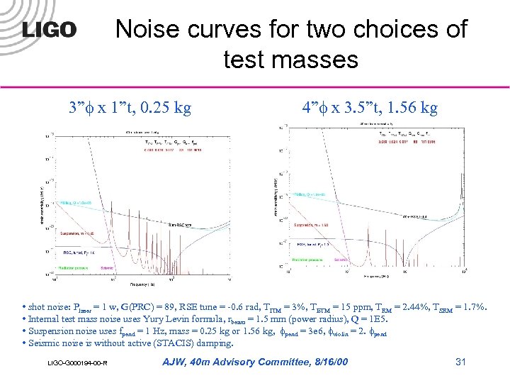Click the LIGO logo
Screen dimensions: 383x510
click(49, 30)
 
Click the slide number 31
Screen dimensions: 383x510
click(460, 362)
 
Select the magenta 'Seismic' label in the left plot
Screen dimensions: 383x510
click(109, 267)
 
